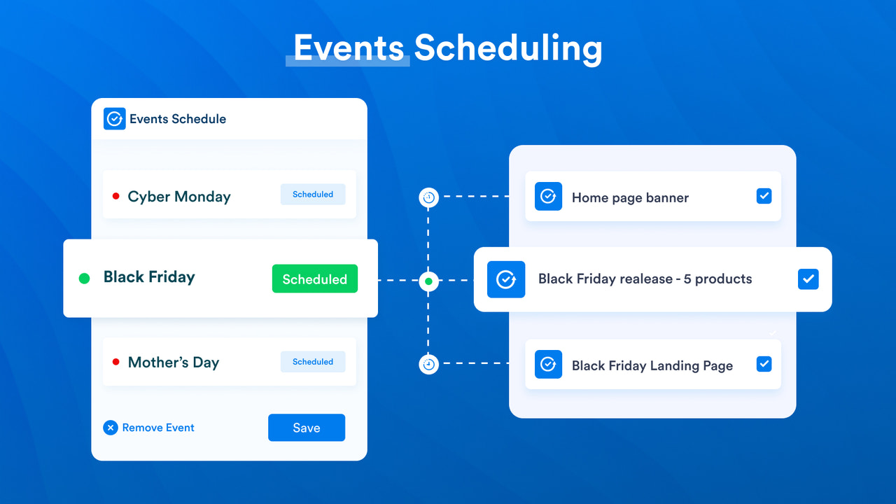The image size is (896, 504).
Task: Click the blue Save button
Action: coord(306,428)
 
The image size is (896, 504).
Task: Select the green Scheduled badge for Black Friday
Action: coord(314,279)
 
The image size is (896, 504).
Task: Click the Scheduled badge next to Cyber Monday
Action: coord(313,195)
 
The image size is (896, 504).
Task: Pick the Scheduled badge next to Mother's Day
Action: coord(313,362)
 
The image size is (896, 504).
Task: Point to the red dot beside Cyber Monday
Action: coord(116,196)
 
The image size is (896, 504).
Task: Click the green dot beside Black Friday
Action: coord(85,279)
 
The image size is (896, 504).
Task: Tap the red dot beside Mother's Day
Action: coord(116,362)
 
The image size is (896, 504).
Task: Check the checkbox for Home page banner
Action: coord(764,196)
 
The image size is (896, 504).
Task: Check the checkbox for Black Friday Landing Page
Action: coord(764,364)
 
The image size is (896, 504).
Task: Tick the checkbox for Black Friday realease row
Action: coord(808,279)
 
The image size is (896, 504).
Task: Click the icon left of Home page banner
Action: coord(548,197)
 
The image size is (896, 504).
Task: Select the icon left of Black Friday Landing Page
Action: coord(548,365)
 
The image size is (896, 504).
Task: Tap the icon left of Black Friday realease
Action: coord(505,279)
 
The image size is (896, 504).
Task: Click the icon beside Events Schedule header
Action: coord(114,119)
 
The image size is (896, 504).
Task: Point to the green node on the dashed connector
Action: coord(428,281)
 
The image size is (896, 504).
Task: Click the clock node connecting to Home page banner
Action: coord(428,197)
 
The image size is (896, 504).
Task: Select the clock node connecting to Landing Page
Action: coord(428,364)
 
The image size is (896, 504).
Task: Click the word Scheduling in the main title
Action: coord(507,48)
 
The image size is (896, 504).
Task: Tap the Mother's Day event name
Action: coord(174,362)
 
